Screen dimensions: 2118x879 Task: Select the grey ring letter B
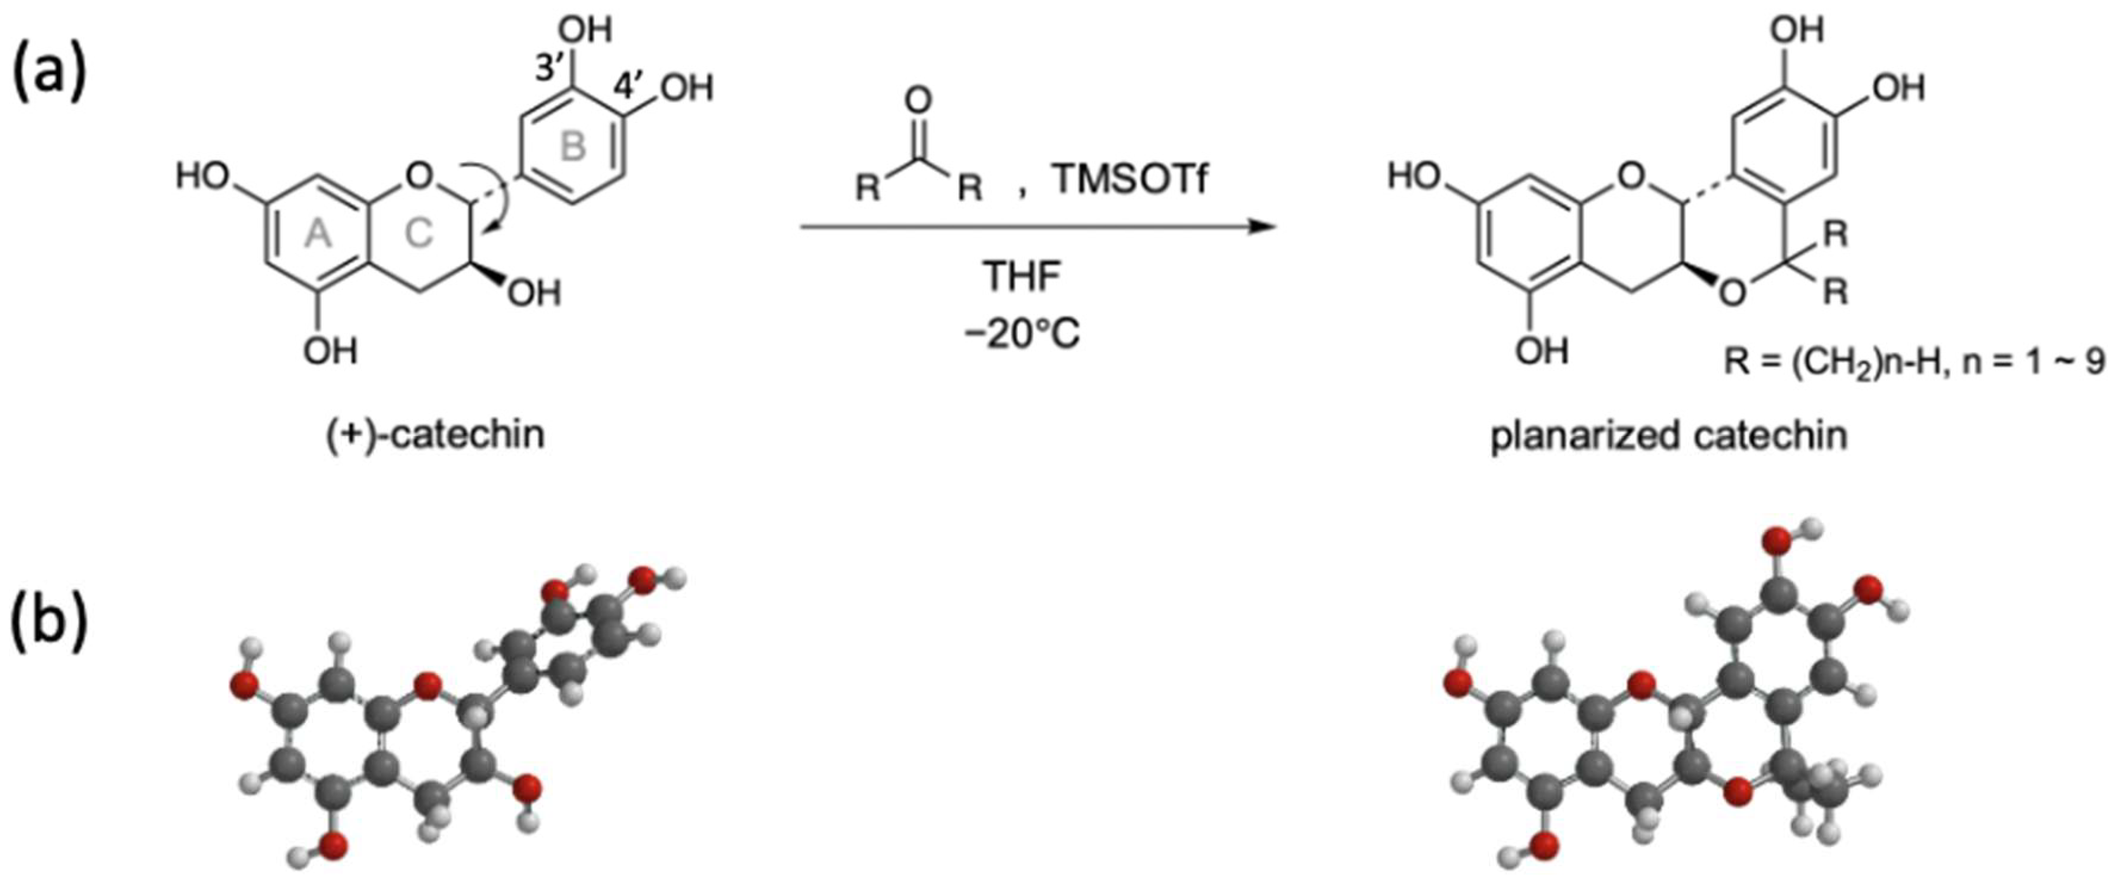pos(573,147)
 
